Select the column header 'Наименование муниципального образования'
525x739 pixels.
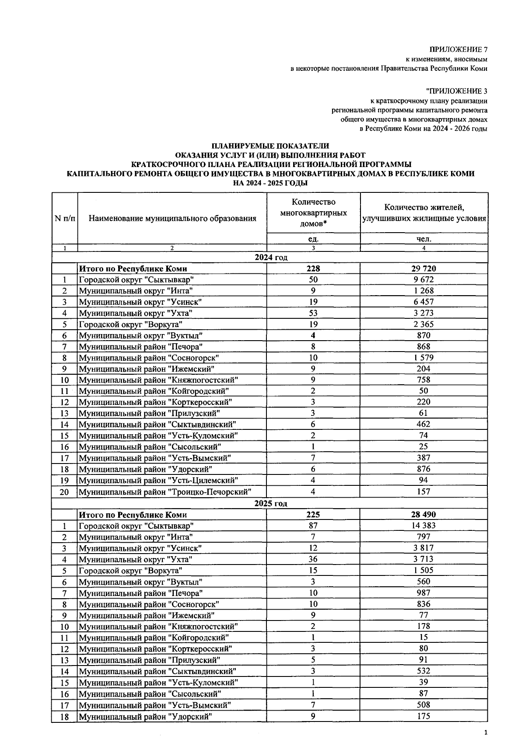pyautogui.click(x=172, y=218)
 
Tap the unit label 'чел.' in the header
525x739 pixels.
pyautogui.click(x=424, y=239)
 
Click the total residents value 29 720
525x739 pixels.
pyautogui.click(x=424, y=268)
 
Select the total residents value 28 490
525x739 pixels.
pyautogui.click(x=424, y=515)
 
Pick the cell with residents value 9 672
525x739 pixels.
pyautogui.click(x=424, y=279)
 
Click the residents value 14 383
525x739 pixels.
pyautogui.click(x=424, y=526)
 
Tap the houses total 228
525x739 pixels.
pyautogui.click(x=313, y=268)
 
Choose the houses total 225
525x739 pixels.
pyautogui.click(x=313, y=515)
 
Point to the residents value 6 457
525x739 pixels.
pyautogui.click(x=424, y=302)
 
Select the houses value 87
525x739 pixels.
pyautogui.click(x=313, y=526)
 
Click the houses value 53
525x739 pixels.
pyautogui.click(x=313, y=313)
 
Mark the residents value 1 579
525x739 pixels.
pyautogui.click(x=424, y=358)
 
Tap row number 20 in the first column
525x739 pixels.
pyautogui.click(x=65, y=492)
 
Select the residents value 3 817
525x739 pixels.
pyautogui.click(x=424, y=548)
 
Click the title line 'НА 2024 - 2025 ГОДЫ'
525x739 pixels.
pyautogui.click(x=270, y=183)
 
